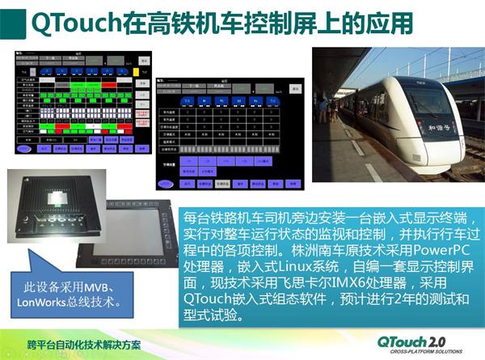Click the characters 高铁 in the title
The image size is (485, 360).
(165, 22)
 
